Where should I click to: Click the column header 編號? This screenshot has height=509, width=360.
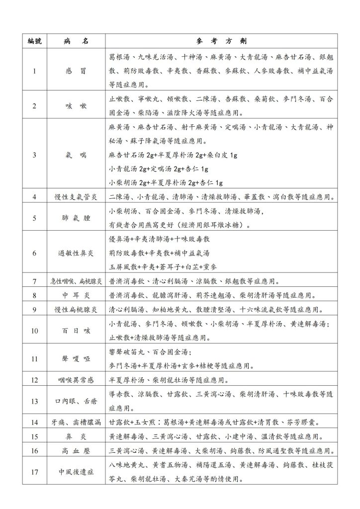pyautogui.click(x=34, y=41)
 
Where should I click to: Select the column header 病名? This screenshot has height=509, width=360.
pyautogui.click(x=76, y=41)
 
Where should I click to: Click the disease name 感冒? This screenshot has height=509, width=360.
pyautogui.click(x=76, y=71)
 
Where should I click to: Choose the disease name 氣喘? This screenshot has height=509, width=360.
pyautogui.click(x=76, y=155)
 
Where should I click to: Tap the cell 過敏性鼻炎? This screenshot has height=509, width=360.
pyautogui.click(x=76, y=253)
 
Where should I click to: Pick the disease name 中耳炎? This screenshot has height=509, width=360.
pyautogui.click(x=76, y=295)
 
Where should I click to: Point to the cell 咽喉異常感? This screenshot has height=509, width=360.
pyautogui.click(x=76, y=380)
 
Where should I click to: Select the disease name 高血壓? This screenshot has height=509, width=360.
pyautogui.click(x=76, y=451)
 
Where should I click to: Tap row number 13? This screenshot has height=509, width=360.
pyautogui.click(x=34, y=401)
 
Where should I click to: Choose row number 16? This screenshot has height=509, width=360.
pyautogui.click(x=34, y=451)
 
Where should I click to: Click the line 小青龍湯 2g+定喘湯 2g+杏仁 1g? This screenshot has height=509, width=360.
pyautogui.click(x=159, y=169)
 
